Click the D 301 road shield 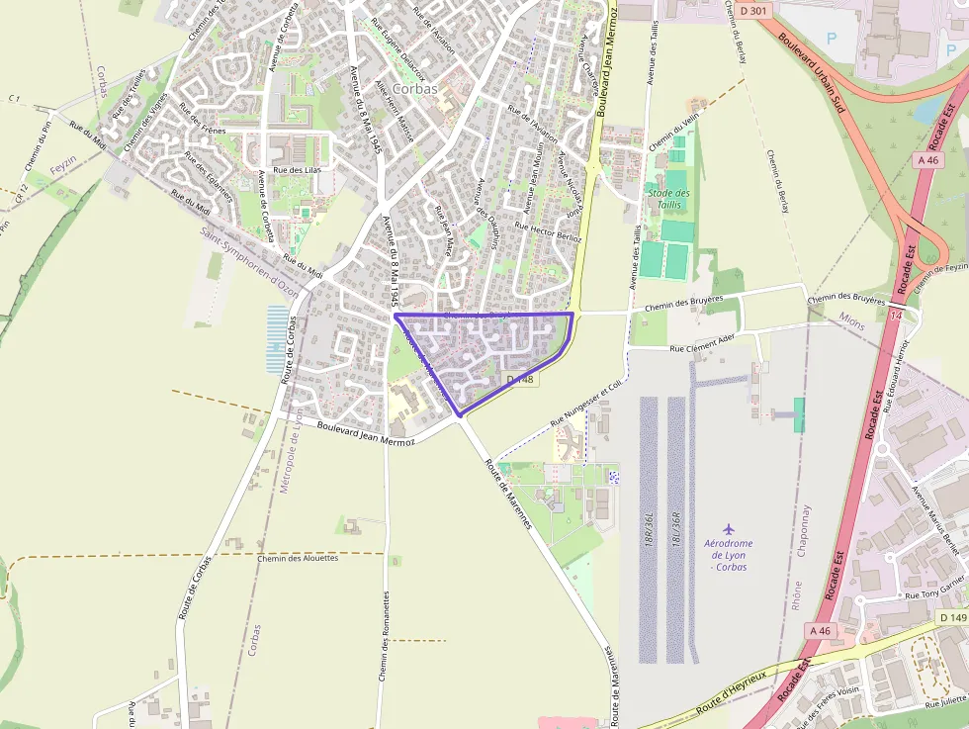(753, 11)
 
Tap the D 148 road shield (520, 380)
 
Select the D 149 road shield (953, 618)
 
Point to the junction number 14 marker (896, 315)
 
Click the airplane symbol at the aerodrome (729, 528)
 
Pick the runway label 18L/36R (676, 532)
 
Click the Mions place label (850, 320)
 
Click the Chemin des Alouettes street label (297, 558)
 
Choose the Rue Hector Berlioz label (549, 232)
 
